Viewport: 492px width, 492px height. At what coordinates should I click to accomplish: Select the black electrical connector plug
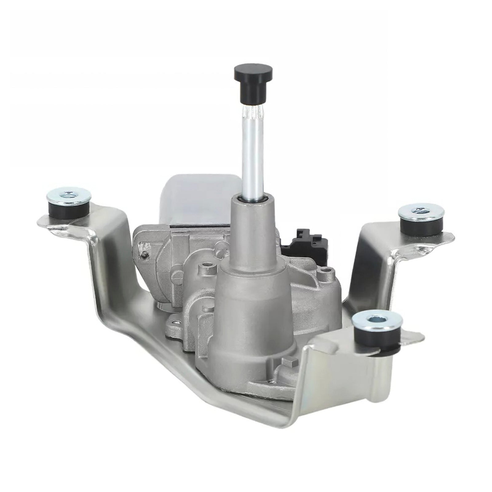tap(304, 243)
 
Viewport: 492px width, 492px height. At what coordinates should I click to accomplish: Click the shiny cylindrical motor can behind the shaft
tap(197, 200)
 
